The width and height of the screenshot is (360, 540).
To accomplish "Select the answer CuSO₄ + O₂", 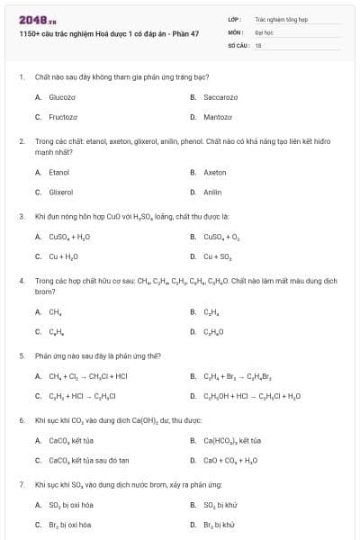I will [221, 237].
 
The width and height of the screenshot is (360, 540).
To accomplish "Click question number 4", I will [21, 281].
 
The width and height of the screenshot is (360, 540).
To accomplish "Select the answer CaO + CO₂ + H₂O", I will [230, 461].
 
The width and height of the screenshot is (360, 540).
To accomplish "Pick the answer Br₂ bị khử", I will [220, 525].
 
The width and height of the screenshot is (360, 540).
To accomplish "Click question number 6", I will [21, 420].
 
